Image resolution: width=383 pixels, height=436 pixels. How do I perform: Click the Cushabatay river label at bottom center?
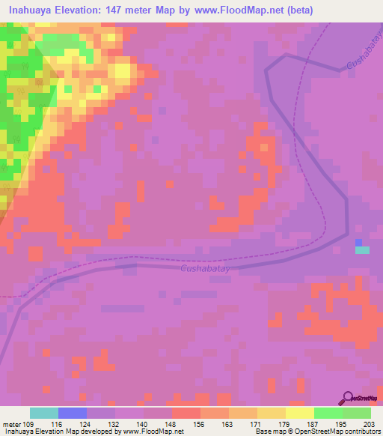click(204, 268)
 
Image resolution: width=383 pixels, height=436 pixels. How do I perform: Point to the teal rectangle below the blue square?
click(362, 250)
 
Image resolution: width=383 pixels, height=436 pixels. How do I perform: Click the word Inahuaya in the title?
click(32, 10)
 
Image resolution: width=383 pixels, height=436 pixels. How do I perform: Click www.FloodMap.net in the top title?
click(232, 10)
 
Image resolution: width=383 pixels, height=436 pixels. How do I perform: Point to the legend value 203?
click(371, 423)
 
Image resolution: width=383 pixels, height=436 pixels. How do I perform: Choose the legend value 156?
click(200, 423)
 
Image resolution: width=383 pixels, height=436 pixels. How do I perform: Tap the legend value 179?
click(286, 423)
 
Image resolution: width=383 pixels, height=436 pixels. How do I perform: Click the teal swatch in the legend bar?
click(44, 413)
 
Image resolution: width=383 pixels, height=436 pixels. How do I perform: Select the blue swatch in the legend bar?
click(73, 413)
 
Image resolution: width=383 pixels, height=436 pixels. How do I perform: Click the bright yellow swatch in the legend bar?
click(300, 413)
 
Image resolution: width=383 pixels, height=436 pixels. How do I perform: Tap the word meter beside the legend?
click(13, 423)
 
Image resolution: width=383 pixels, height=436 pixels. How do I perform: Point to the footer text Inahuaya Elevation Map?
click(35, 432)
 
